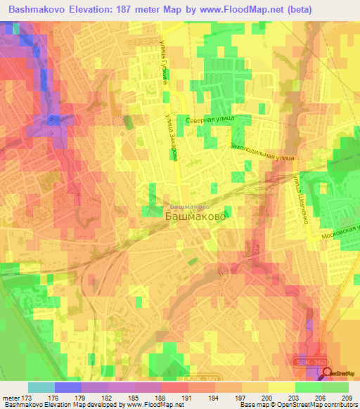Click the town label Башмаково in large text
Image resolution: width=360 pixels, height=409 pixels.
[195, 218]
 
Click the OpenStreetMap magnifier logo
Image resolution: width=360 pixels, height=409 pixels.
[328, 373]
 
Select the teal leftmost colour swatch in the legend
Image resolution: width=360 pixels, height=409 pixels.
[41, 387]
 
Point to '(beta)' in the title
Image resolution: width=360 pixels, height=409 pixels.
[278, 8]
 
